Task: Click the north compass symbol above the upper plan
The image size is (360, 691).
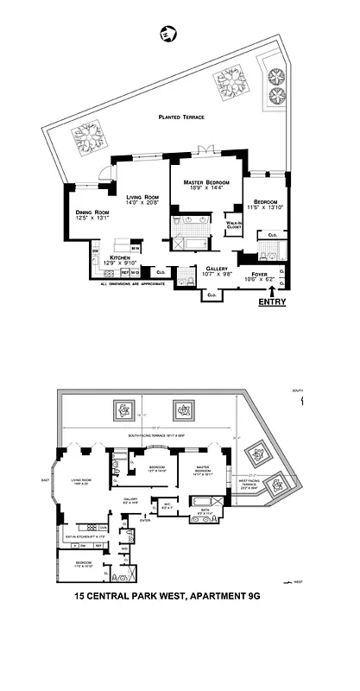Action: (165, 35)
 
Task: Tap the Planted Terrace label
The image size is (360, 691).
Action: (174, 118)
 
